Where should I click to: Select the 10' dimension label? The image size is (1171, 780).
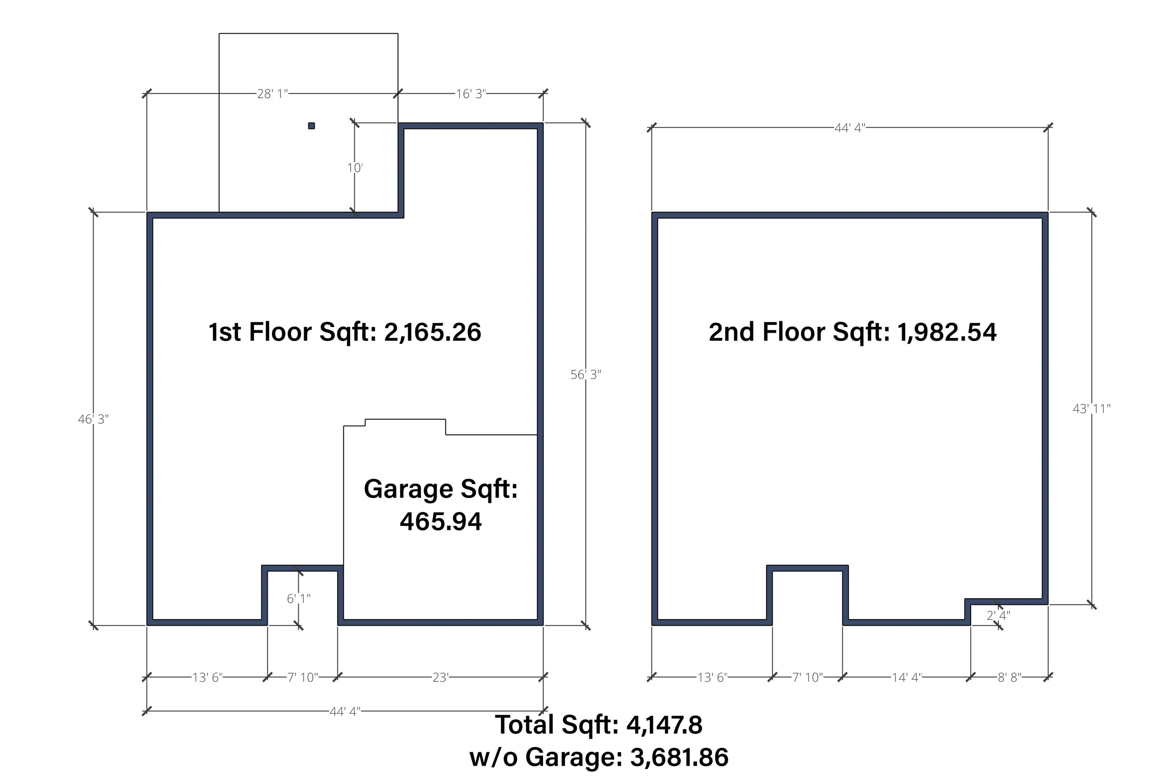click(355, 168)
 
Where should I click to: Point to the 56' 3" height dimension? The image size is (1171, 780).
click(586, 375)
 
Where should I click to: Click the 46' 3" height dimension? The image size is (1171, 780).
click(93, 420)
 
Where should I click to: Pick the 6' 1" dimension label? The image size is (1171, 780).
click(298, 598)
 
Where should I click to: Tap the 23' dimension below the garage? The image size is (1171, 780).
click(440, 677)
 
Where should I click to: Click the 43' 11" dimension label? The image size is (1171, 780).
click(1091, 409)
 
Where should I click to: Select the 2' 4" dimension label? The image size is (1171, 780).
click(998, 616)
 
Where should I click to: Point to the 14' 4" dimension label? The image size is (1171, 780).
click(907, 677)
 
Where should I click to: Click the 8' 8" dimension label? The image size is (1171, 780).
click(1010, 677)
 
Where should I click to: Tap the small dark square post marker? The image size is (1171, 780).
click(311, 126)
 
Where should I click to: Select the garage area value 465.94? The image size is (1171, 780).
click(441, 522)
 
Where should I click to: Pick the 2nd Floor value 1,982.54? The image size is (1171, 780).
click(947, 332)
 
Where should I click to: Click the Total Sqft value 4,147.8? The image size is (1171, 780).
click(664, 725)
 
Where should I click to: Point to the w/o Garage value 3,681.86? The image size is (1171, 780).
click(679, 758)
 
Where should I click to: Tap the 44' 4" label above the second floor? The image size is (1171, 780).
click(850, 128)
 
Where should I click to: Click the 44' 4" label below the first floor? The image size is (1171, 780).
click(345, 712)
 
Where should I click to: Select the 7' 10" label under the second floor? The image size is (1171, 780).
click(807, 677)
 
